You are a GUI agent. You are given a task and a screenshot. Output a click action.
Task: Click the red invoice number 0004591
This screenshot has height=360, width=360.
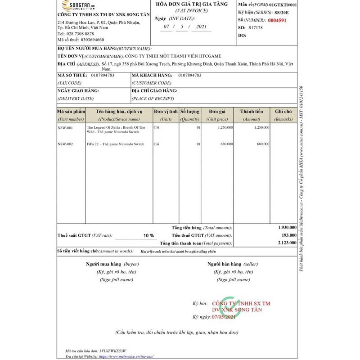point(275,20)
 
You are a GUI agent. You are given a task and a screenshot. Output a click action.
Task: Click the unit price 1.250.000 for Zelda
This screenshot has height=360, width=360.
point(224,128)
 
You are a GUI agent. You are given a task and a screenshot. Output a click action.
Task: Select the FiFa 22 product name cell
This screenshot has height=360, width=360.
point(116,144)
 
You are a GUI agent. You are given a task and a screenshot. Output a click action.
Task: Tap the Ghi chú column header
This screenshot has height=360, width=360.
point(283,111)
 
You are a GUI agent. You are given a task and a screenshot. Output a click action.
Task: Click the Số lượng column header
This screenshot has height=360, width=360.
point(189,111)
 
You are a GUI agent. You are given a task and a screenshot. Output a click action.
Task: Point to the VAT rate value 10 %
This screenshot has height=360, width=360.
point(148,235)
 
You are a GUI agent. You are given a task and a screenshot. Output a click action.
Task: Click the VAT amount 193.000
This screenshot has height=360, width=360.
point(288,235)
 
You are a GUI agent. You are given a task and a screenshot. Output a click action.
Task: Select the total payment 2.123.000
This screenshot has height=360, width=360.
point(287,243)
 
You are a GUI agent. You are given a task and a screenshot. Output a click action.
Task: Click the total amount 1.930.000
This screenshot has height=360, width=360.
point(287,228)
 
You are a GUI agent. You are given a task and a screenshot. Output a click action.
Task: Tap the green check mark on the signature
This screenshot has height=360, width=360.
point(230,306)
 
